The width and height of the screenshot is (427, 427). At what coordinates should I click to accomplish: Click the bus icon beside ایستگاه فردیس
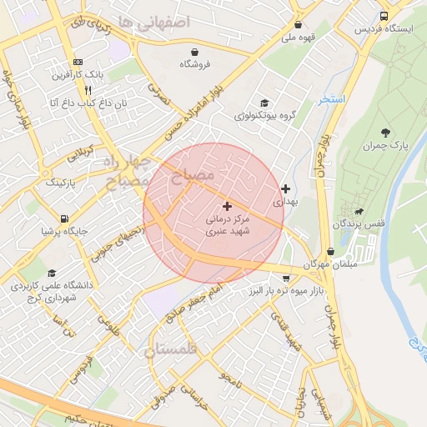click(383, 16)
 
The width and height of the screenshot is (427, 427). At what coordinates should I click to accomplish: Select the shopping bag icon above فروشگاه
click(194, 51)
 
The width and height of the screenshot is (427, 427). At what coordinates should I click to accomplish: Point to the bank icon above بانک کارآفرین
click(78, 62)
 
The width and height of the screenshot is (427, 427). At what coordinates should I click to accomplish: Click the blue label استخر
click(331, 99)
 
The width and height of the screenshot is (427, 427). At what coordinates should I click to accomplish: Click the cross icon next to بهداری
click(286, 189)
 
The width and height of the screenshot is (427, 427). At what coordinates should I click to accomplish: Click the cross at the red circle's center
click(227, 205)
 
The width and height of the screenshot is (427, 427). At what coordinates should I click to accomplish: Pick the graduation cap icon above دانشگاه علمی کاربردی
click(52, 273)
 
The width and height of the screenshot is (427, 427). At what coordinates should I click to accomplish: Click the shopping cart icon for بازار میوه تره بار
click(287, 279)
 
